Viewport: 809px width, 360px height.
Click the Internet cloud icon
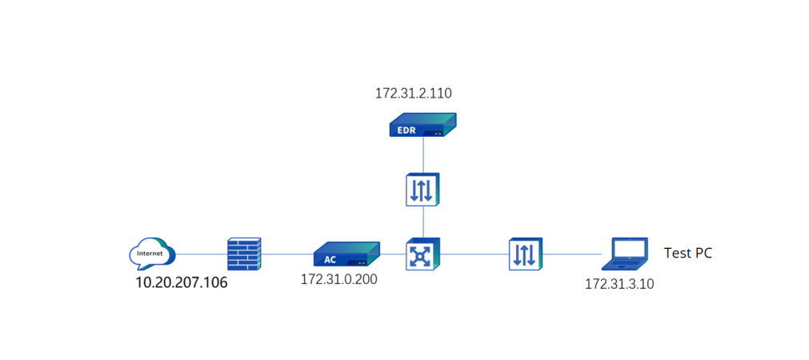tap(152, 253)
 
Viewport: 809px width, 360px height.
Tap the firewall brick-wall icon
tap(243, 254)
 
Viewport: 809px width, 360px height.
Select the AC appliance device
tap(346, 254)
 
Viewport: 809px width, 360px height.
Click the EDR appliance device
tap(423, 126)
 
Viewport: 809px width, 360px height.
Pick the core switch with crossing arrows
tap(421, 254)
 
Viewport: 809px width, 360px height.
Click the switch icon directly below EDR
tap(423, 189)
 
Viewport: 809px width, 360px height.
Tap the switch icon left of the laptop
tap(526, 254)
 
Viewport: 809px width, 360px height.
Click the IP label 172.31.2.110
tap(413, 93)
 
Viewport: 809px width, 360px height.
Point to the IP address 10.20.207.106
tap(181, 282)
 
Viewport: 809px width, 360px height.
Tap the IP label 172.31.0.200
tap(338, 280)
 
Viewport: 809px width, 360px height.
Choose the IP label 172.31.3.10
tap(619, 284)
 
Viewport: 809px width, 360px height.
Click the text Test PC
tap(687, 254)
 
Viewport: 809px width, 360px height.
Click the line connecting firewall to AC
tap(286, 254)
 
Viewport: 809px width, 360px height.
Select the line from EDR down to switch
tap(423, 154)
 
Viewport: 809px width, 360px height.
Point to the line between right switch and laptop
tap(573, 254)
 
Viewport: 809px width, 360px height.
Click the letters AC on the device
tap(330, 260)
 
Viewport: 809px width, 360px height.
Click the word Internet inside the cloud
tap(150, 254)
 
